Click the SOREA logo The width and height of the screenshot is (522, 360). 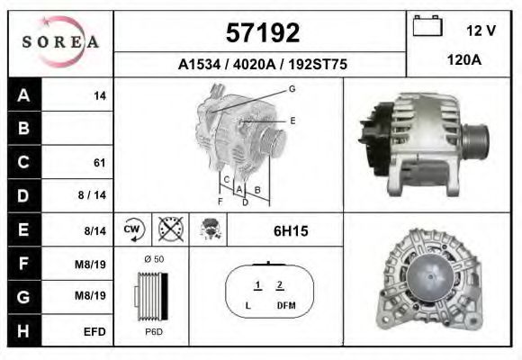point(60,42)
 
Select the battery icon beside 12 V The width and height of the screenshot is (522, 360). point(427,29)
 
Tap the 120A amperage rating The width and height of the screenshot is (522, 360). point(463,60)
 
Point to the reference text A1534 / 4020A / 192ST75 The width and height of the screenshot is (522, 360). point(262,65)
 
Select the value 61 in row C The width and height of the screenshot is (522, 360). point(99,163)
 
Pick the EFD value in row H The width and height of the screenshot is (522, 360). point(94,331)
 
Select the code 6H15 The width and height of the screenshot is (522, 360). point(291,231)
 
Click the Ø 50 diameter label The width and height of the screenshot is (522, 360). point(153,259)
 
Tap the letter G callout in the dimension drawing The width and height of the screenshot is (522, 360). point(292,88)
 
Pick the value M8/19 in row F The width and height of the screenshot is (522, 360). point(94,264)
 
